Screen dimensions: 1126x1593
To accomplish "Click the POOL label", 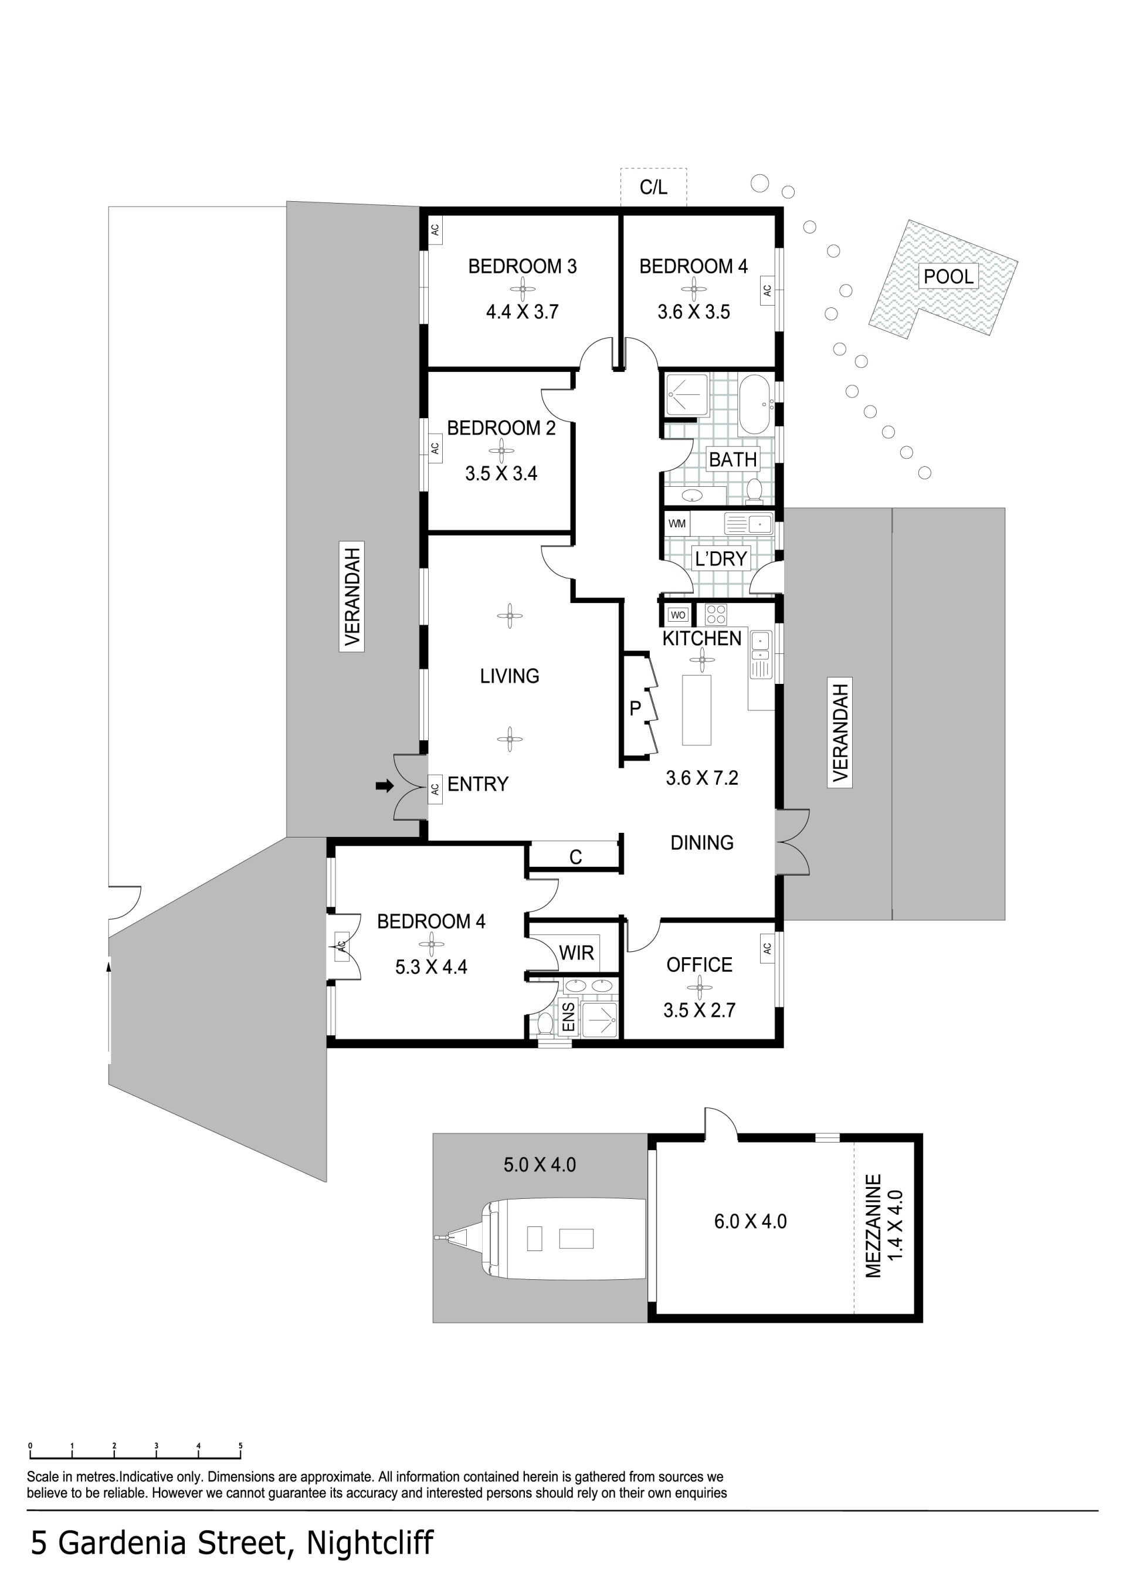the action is (x=948, y=276).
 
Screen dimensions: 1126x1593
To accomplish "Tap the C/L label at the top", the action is (x=653, y=187).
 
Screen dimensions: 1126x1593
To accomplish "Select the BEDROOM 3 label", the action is (x=523, y=266).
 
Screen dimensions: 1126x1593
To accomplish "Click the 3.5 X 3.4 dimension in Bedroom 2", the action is (x=501, y=474).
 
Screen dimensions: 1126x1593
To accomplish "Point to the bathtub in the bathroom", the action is (x=755, y=405).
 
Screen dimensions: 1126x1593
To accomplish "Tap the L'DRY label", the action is (x=721, y=558).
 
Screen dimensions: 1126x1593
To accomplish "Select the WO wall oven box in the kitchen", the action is (x=678, y=615).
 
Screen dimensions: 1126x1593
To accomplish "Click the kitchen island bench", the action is (x=697, y=710).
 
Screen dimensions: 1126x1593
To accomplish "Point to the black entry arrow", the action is (x=384, y=786).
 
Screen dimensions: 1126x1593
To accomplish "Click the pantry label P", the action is (x=635, y=709).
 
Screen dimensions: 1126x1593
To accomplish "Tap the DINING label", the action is (x=701, y=843).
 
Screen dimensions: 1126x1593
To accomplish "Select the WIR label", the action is (x=576, y=953).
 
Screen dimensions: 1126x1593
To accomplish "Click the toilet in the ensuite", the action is (x=545, y=1024).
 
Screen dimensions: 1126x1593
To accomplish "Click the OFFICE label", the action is (x=699, y=965).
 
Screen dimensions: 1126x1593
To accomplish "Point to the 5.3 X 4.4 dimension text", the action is (x=431, y=967).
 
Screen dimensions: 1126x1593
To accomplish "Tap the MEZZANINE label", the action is (x=873, y=1226).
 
